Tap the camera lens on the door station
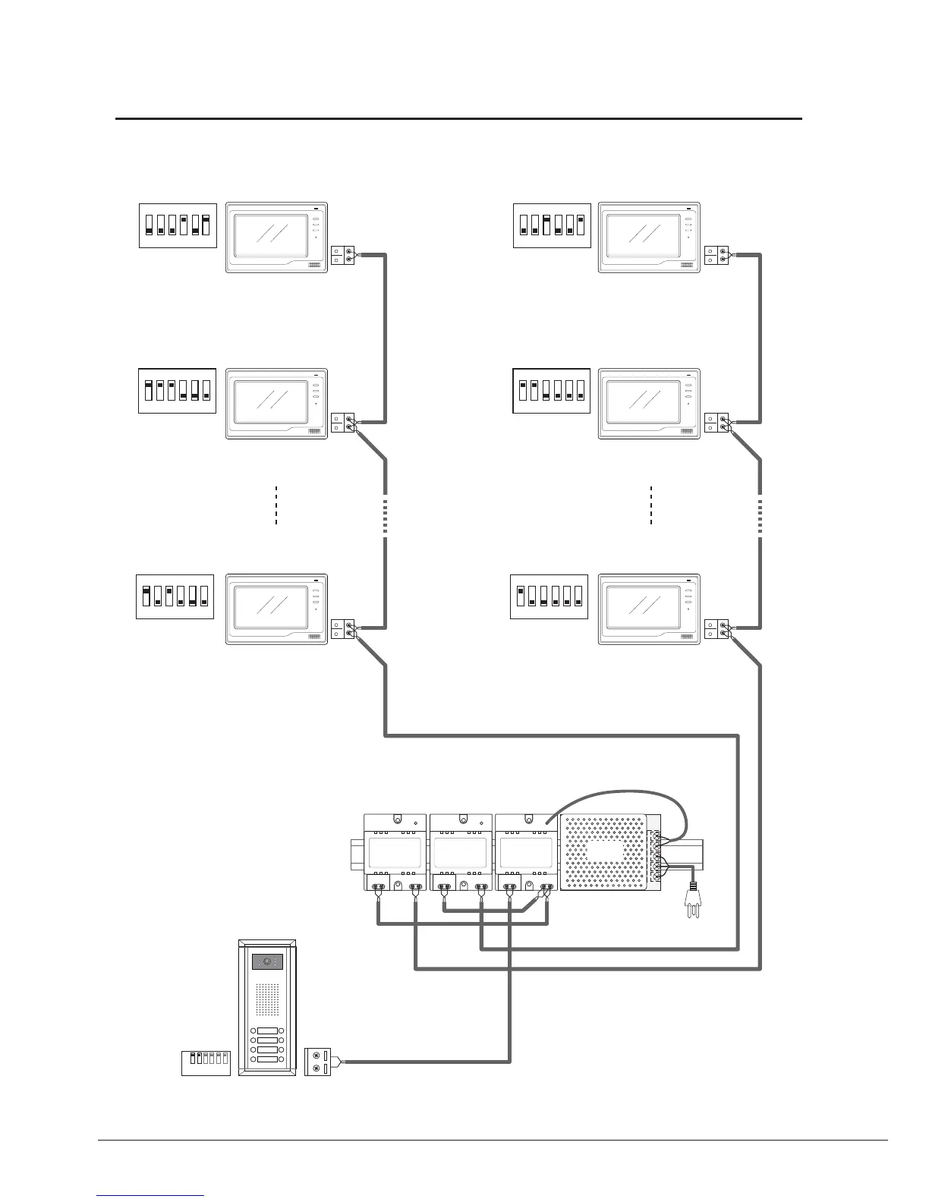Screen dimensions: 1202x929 (266, 961)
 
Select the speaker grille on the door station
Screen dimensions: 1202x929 (266, 1000)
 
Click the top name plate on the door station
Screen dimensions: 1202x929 (266, 1031)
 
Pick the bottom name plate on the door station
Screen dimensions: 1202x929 (266, 1059)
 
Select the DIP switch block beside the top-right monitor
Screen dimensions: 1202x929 (552, 225)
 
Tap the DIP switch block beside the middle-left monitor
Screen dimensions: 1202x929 (178, 391)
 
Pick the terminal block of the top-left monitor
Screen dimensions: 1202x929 (344, 254)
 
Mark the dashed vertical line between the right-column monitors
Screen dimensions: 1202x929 (651, 505)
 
